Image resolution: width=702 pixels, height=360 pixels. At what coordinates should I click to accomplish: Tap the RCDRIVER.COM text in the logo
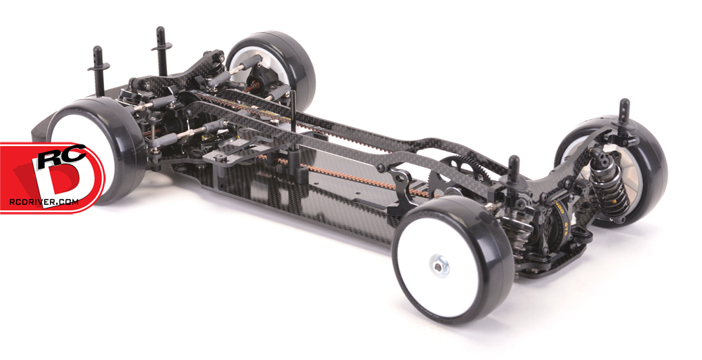tap(44, 201)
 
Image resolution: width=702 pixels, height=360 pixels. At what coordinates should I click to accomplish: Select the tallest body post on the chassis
tap(161, 51)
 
